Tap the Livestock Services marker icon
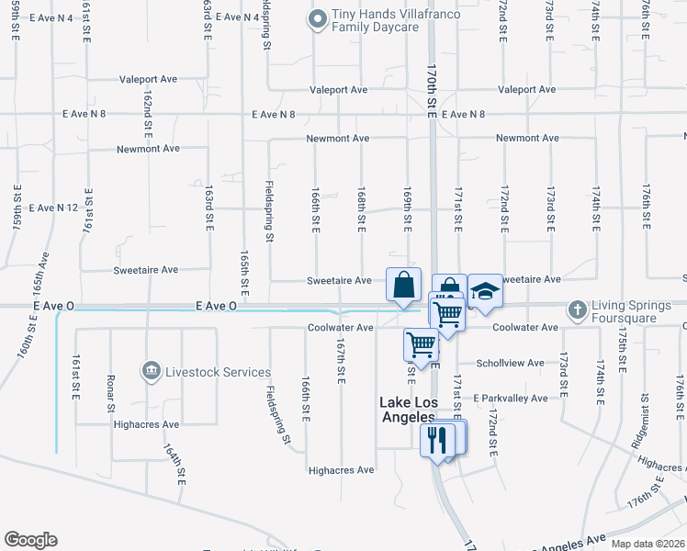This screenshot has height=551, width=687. [150, 371]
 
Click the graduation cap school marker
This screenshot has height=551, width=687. [485, 292]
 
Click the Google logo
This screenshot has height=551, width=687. [30, 540]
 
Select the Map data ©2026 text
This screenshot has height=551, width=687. [648, 544]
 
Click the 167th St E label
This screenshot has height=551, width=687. [340, 359]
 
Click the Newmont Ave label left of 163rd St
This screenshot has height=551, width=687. [148, 149]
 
